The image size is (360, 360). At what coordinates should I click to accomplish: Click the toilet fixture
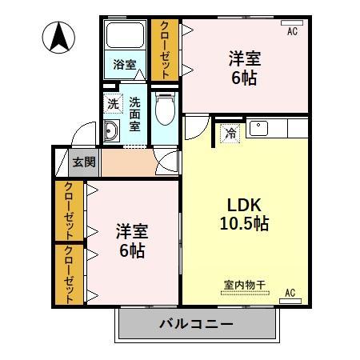[166, 111]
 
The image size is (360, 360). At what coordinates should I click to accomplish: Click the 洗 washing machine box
[114, 103]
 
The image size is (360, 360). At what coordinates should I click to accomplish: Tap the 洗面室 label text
[135, 113]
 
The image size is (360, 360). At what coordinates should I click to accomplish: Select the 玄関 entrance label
[84, 162]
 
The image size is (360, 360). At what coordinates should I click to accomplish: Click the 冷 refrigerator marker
[230, 133]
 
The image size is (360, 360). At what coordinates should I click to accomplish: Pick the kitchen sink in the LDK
[260, 128]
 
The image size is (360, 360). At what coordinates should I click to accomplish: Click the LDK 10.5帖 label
[245, 213]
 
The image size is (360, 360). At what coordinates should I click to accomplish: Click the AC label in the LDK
[291, 294]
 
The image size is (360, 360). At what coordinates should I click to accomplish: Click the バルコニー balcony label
[196, 325]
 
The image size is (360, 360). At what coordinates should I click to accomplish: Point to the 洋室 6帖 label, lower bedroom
[131, 240]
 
